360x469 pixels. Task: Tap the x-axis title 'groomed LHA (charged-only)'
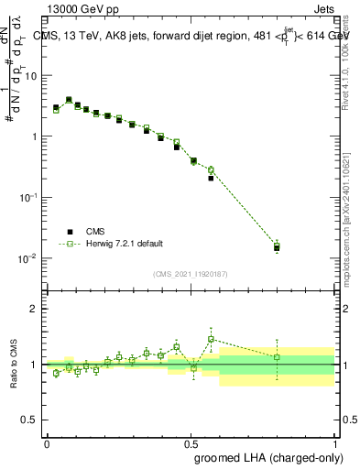pyautogui.click(x=264, y=455)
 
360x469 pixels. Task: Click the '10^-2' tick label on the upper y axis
pyautogui.click(x=29, y=258)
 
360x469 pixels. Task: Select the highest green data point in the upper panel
pyautogui.click(x=69, y=100)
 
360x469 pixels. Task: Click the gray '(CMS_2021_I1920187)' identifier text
pyautogui.click(x=191, y=274)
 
